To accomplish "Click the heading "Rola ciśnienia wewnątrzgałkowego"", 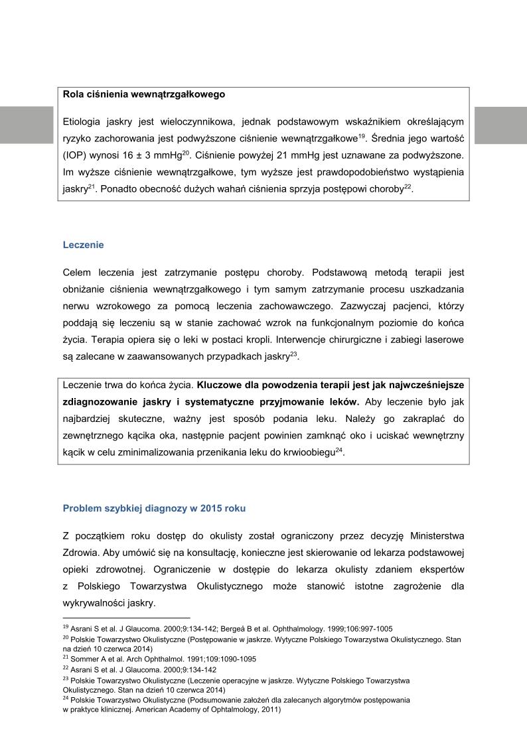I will tap(143, 94).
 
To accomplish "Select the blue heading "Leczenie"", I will tap(83, 245).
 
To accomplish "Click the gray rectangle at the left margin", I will tap(27, 125).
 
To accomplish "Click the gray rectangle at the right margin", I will tap(500, 125).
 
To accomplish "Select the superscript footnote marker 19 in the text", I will tap(362, 136).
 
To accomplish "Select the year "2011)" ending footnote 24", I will tap(271, 709).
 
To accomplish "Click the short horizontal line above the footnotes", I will tap(126, 617).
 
